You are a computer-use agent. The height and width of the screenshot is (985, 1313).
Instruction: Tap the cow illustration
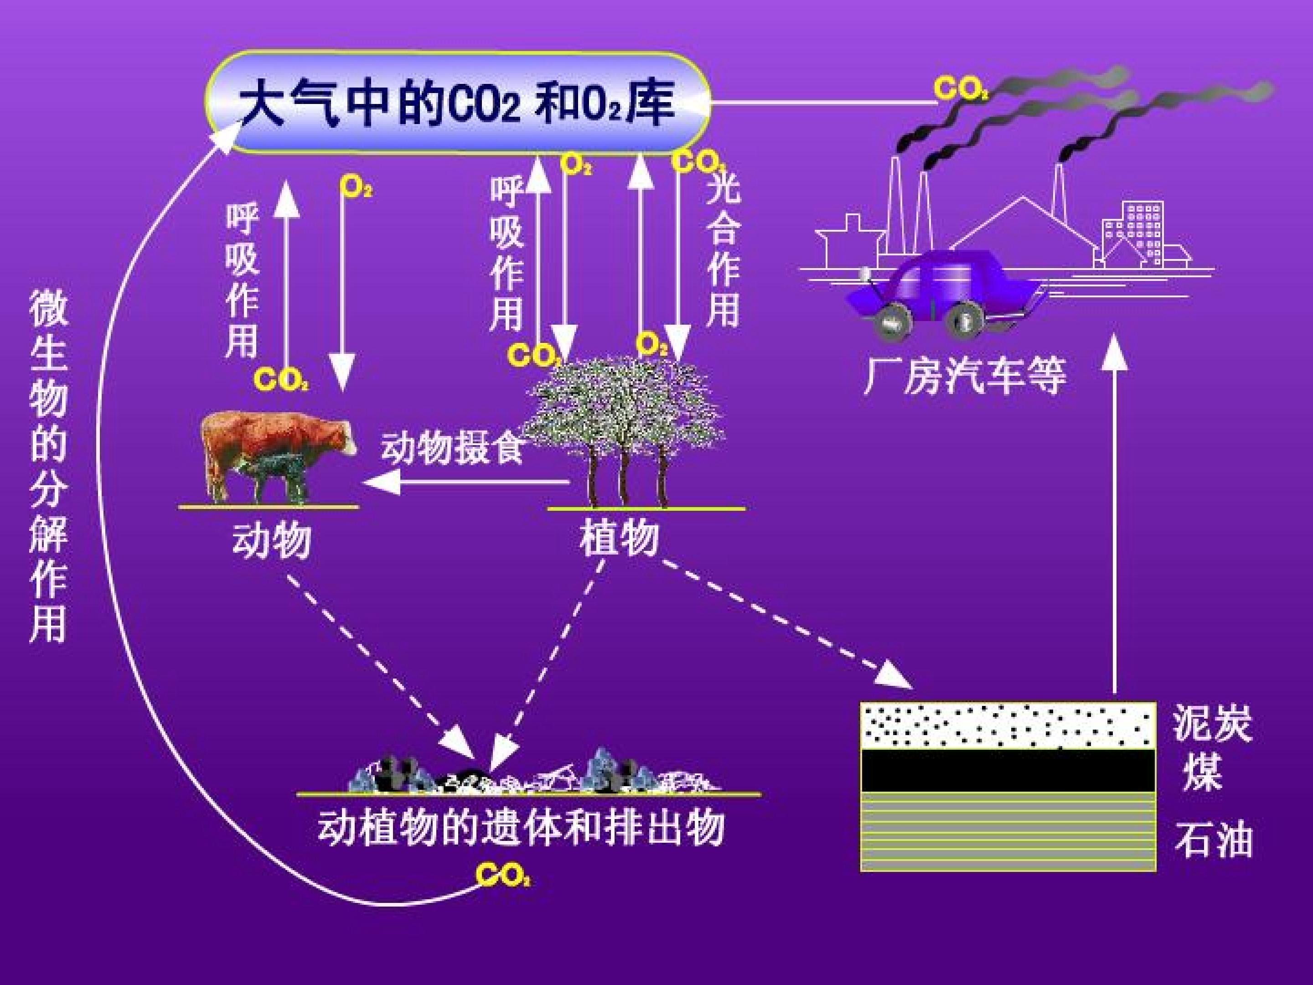278,455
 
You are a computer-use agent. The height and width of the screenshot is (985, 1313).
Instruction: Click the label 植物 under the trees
620,539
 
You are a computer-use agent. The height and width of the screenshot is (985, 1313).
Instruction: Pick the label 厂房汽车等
965,375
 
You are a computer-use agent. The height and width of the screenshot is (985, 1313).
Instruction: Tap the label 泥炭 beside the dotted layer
1213,723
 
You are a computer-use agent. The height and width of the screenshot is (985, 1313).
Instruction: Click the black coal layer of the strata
1008,771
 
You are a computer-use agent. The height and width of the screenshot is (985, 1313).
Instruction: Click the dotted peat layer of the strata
1008,726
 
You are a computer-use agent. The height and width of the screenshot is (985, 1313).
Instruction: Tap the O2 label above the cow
356,187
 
